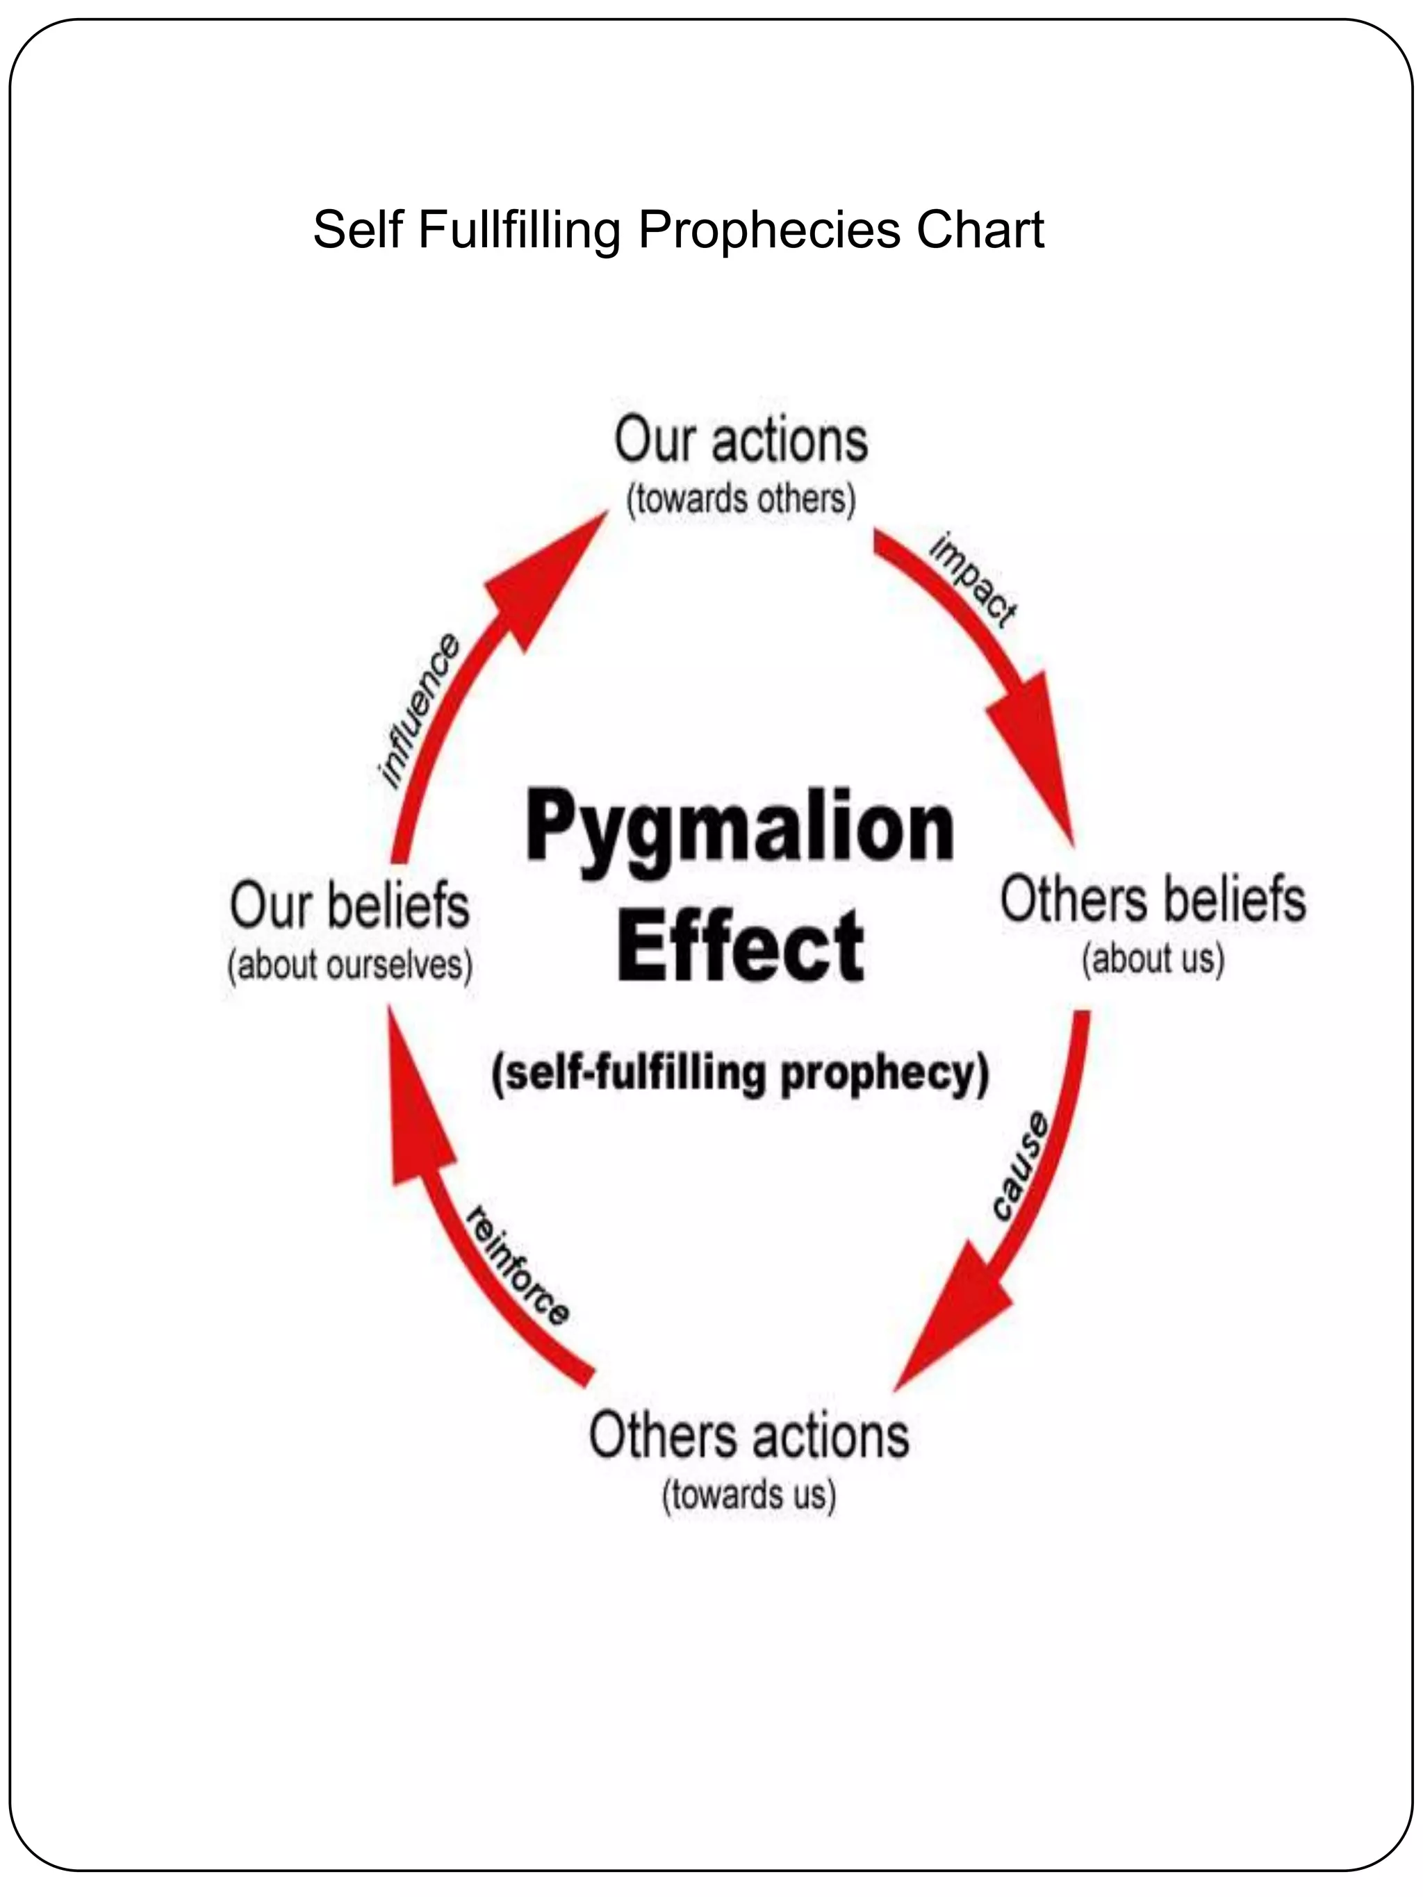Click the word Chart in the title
tap(980, 230)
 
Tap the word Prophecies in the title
tap(768, 230)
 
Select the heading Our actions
tap(741, 441)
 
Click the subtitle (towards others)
tap(741, 500)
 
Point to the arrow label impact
tap(973, 581)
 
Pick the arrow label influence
tap(420, 711)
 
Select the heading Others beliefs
tap(1153, 900)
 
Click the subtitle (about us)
tap(1153, 959)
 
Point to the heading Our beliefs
tap(350, 906)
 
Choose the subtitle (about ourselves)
tap(350, 966)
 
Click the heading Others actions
tap(749, 1436)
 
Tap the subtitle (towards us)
tap(749, 1495)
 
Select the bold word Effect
tap(740, 946)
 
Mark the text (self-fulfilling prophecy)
tap(740, 1073)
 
